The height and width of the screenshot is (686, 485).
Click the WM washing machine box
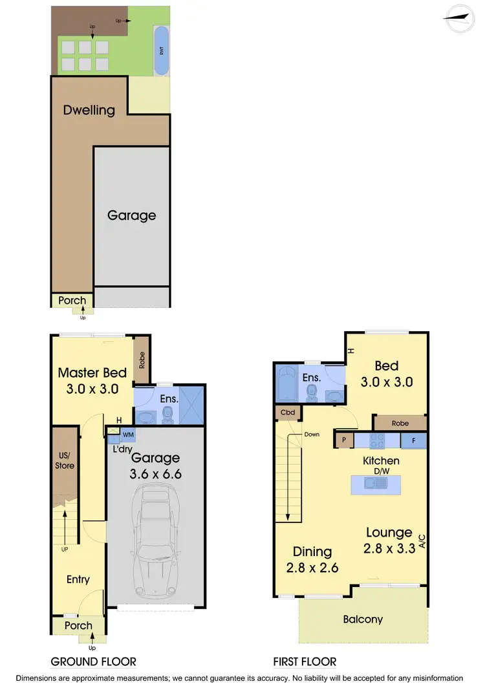tap(128, 434)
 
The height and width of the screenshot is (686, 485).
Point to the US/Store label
tap(65, 461)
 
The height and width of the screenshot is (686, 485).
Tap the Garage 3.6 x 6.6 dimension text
tap(156, 466)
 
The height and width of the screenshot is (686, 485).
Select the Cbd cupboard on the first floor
tap(287, 412)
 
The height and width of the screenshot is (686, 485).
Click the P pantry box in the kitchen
tap(343, 441)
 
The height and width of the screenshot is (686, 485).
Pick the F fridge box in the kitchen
tap(414, 441)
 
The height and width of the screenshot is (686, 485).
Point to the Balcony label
tap(363, 619)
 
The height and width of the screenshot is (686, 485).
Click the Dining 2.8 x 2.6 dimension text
tap(312, 560)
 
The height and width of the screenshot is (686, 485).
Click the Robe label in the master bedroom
tap(142, 360)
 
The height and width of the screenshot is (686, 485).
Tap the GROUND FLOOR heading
tap(94, 661)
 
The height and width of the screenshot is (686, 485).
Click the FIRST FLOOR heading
tap(305, 661)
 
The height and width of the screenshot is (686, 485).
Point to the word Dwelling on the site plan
tap(89, 110)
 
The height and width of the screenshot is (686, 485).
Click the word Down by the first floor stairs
tap(312, 434)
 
